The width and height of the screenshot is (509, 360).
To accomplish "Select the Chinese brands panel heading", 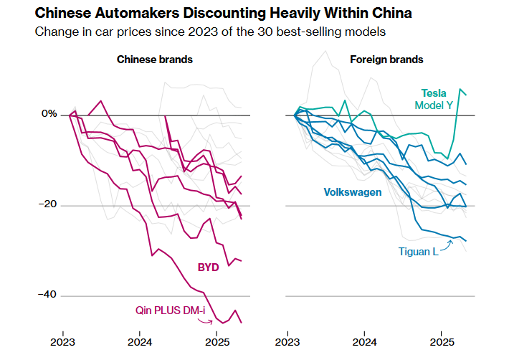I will coord(155,60).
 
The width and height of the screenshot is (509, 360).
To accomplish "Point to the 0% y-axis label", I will coord(48,114).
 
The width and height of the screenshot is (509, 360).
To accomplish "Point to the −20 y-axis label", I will coord(47,205).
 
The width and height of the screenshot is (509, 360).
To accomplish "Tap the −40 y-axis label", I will coord(47,295).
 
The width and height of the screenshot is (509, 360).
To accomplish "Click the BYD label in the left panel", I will coord(209,267).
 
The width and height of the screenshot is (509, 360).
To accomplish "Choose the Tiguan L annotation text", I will coord(419,252).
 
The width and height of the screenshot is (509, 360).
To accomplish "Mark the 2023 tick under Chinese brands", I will coord(63,342).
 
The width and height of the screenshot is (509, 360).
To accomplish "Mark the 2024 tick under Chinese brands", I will coord(139,342).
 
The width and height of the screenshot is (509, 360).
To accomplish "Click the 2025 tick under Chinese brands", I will coord(216,342).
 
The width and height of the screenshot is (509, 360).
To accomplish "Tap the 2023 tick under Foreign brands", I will coord(288,342).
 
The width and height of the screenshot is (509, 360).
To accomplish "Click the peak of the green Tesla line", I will coord(460,89).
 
